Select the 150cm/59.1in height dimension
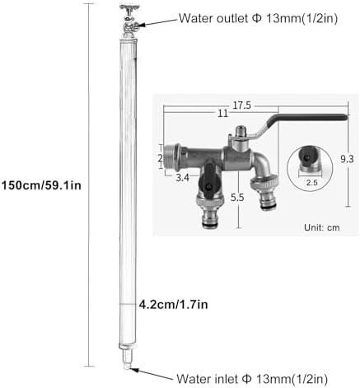[41, 185]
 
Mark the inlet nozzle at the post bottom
[127, 360]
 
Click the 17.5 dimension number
[241, 105]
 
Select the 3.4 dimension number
[181, 177]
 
